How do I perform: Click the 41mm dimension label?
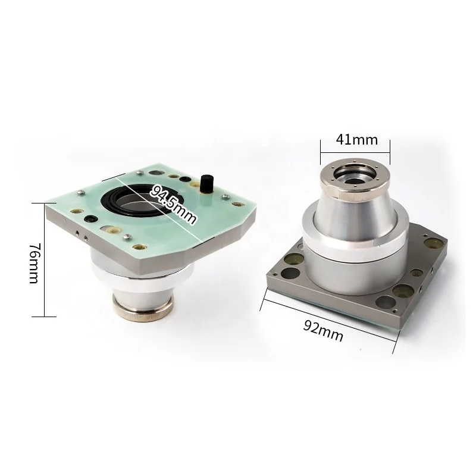click(356, 140)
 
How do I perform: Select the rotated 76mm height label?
click(34, 263)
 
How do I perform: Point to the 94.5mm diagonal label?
click(173, 204)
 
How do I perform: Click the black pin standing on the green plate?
click(206, 183)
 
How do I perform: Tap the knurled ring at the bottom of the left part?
click(143, 308)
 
